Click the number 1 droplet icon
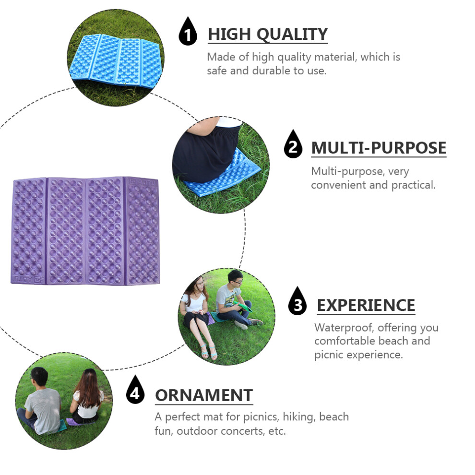(x=188, y=32)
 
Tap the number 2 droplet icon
(x=293, y=145)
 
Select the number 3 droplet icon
(x=297, y=302)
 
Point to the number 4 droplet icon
(x=135, y=391)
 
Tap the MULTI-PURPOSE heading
(x=379, y=148)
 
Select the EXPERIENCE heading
(x=366, y=305)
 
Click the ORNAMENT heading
(x=204, y=395)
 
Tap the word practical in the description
(x=413, y=185)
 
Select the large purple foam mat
(x=85, y=231)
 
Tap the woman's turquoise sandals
(x=209, y=351)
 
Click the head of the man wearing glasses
(x=236, y=279)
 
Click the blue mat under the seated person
(x=222, y=173)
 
